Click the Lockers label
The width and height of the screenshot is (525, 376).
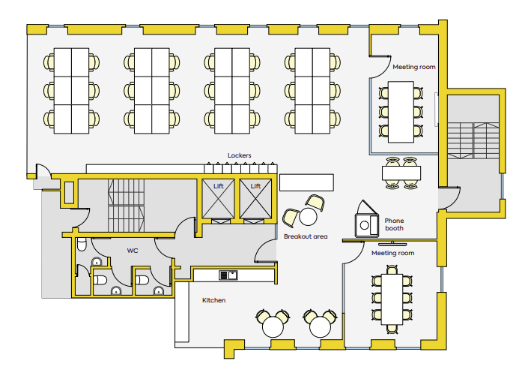tap(239, 155)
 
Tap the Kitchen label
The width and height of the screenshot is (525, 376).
tap(213, 300)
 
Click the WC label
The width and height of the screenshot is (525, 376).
tap(133, 251)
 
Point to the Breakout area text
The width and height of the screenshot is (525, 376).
tap(306, 236)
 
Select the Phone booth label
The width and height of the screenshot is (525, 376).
tap(394, 224)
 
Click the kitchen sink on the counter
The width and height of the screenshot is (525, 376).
tap(228, 275)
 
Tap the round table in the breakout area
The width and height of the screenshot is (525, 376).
tap(308, 216)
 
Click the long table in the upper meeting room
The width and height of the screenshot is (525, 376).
tap(401, 112)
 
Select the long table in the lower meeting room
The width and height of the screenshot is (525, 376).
tap(392, 299)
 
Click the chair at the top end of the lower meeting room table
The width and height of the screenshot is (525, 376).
tap(392, 269)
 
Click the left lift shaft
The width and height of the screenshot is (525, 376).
tap(218, 199)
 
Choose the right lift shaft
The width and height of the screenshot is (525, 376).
tap(255, 199)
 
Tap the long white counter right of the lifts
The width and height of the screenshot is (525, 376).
tap(306, 182)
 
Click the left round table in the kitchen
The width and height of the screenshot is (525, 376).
tap(273, 326)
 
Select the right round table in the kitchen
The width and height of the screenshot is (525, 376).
tap(320, 326)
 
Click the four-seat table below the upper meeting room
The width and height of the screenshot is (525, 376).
tap(401, 173)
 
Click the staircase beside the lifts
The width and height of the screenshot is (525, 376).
tap(127, 206)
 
